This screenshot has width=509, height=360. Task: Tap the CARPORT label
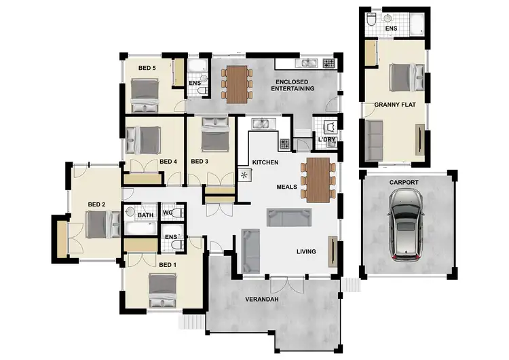point(404,183)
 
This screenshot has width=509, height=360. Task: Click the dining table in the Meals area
point(318,179)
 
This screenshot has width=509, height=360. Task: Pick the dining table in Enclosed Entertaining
point(236,83)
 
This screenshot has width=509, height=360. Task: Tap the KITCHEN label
point(265,163)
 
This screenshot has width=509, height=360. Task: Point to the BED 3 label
point(200,162)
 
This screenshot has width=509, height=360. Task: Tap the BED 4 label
point(168,162)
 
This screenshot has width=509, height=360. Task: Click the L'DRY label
point(327,141)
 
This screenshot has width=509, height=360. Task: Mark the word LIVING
point(306,252)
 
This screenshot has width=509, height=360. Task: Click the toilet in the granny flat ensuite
point(371,21)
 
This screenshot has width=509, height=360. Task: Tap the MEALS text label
point(286,186)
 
